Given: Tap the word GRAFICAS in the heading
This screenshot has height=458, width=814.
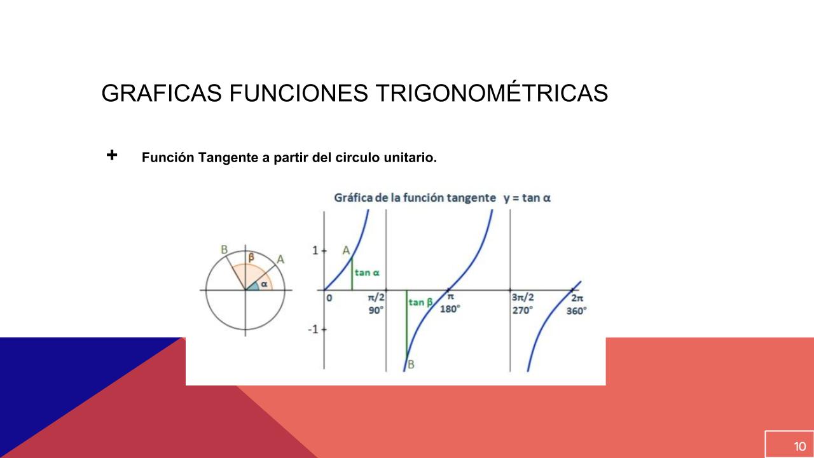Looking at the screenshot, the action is [162, 93].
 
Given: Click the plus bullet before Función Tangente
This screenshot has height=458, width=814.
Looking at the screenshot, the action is [112, 155].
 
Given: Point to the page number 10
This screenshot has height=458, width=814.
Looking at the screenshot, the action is [800, 447].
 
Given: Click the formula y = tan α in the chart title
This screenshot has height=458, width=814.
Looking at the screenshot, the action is [527, 198].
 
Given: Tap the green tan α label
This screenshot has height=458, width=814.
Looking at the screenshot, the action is [367, 273].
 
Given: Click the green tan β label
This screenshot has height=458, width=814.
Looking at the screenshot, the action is [420, 302].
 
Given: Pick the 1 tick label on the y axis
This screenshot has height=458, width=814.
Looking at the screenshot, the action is [315, 251].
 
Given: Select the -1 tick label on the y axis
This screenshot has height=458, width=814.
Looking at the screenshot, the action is [313, 330].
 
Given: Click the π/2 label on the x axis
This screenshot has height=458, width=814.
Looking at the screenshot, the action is [376, 298].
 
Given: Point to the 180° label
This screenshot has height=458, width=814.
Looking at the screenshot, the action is [450, 309].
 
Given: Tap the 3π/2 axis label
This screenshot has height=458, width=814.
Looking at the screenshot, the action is [523, 297].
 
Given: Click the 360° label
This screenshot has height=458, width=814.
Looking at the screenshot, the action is [576, 311].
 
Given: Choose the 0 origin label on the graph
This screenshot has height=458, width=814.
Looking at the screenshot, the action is [329, 298].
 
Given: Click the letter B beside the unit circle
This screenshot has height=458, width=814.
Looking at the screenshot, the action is [224, 250].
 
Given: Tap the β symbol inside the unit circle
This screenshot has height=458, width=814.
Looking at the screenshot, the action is [251, 258].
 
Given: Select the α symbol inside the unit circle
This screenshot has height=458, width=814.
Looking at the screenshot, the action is [264, 284].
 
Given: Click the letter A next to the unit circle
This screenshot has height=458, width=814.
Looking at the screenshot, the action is [280, 260].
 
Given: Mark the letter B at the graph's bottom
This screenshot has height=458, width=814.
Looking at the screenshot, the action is [411, 364].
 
